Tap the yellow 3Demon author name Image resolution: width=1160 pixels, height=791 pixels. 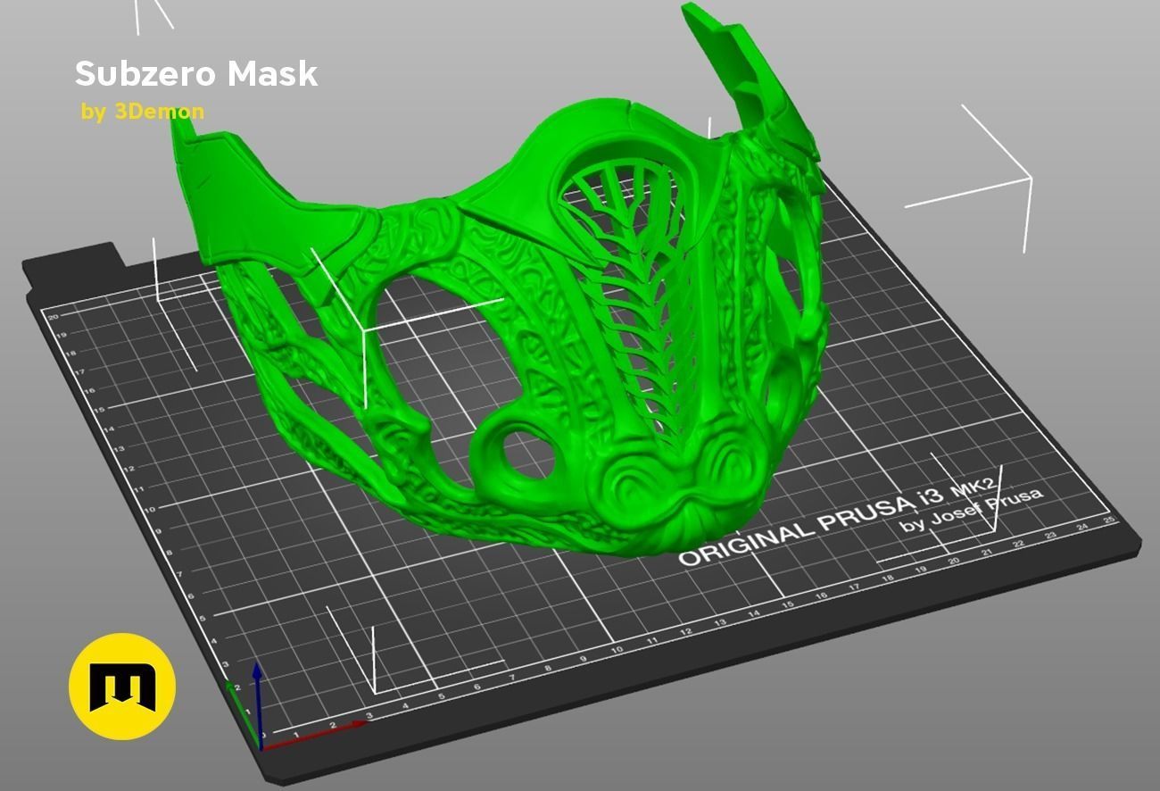click(x=159, y=112)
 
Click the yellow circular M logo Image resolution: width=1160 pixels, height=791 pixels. click(x=122, y=687)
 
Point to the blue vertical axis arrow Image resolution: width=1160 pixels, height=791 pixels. click(x=257, y=696)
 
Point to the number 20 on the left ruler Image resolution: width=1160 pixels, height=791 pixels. click(x=54, y=316)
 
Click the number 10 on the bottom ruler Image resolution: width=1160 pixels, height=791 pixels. click(x=617, y=650)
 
